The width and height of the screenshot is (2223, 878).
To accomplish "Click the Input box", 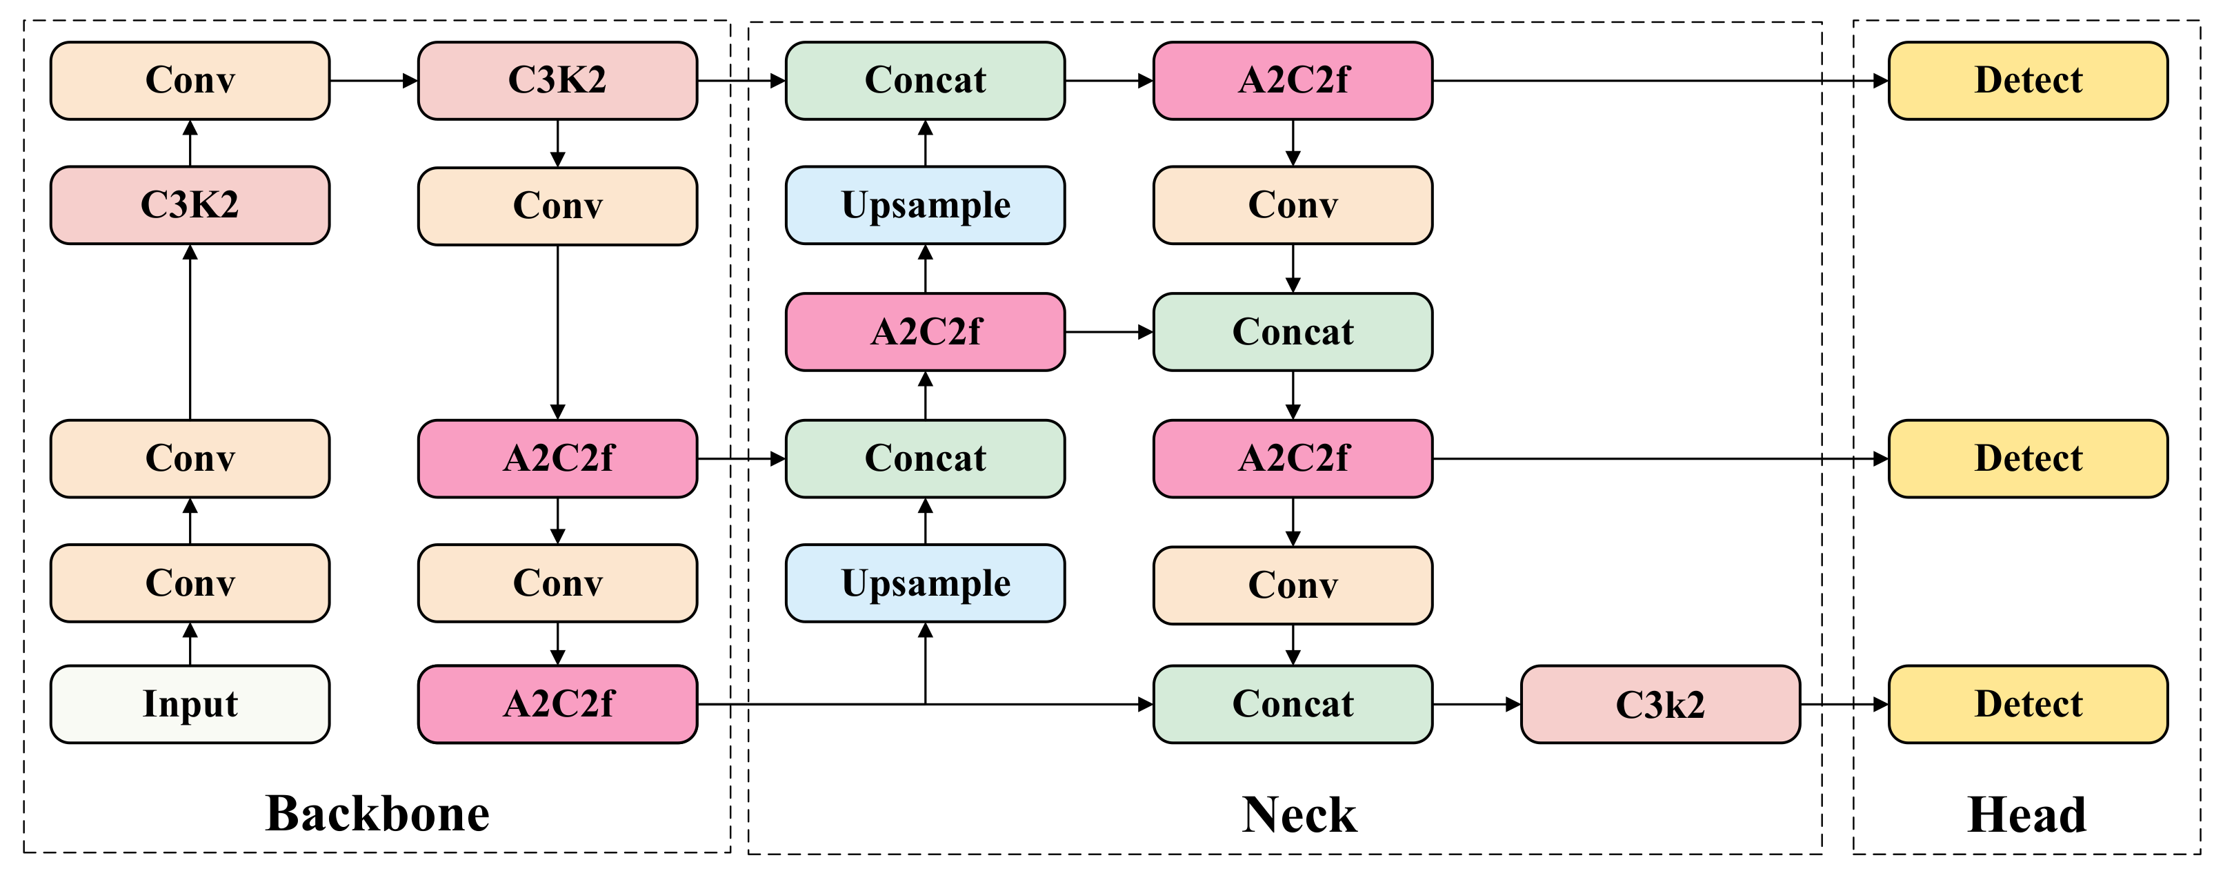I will [x=190, y=703].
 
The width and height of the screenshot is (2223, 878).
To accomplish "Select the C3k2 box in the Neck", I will [x=1659, y=703].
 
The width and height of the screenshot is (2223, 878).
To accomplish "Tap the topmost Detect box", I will [x=2027, y=80].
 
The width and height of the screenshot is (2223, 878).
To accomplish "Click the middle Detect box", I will [x=2027, y=458].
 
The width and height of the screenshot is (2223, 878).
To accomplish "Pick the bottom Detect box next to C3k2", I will [x=2027, y=703].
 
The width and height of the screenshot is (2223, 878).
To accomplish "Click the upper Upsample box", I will [x=925, y=206].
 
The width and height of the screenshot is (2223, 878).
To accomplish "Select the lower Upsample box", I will [x=925, y=583].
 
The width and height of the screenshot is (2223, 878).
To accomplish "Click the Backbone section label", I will [x=377, y=813].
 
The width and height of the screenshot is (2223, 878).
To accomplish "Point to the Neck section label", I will [x=1299, y=814].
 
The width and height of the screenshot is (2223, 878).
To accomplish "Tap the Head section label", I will [x=2026, y=814].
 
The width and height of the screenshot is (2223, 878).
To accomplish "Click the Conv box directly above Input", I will [x=190, y=583].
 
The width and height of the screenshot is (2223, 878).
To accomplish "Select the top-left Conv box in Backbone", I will [x=190, y=80].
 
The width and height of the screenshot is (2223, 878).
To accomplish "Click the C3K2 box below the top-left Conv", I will [x=190, y=206].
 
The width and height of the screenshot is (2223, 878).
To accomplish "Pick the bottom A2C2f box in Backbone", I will [x=557, y=703].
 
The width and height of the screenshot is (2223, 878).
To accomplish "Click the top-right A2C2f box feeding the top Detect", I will [x=1293, y=80].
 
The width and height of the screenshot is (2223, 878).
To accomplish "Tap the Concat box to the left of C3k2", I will [x=1293, y=703].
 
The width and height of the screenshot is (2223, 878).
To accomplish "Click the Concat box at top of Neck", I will [x=925, y=80].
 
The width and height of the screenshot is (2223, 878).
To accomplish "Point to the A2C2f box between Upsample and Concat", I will [x=925, y=331].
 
